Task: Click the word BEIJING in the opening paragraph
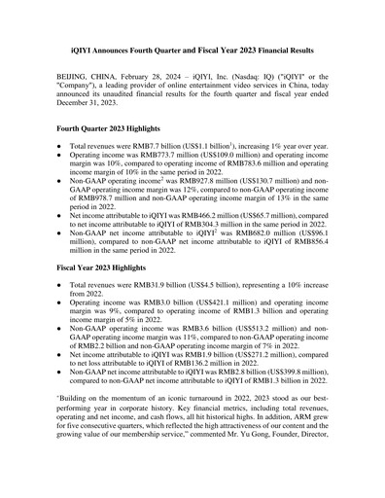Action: click(76, 75)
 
